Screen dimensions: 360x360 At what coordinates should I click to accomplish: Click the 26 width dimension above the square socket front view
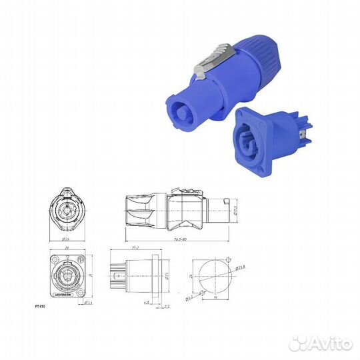coord(67,247)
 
